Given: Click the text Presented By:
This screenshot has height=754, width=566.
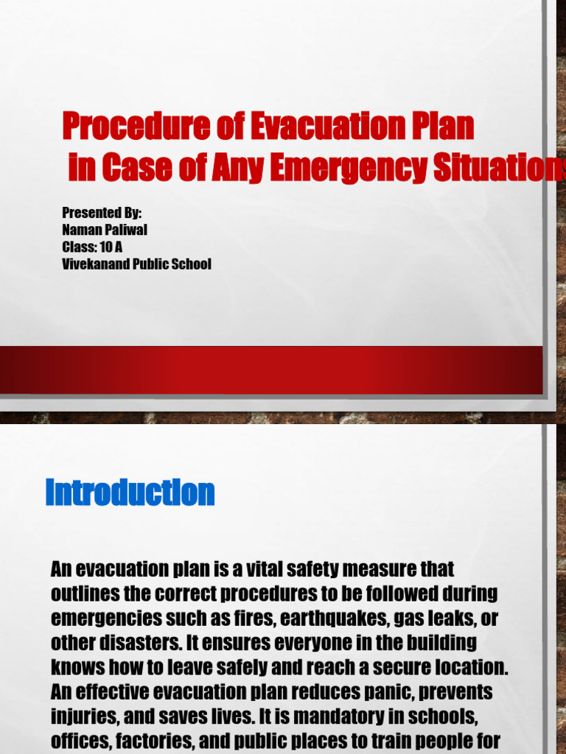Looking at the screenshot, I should [x=102, y=213].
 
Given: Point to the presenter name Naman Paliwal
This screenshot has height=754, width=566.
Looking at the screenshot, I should [x=105, y=230].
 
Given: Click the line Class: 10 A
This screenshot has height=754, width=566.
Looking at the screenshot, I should [x=92, y=247].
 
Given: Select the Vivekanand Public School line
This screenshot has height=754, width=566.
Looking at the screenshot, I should [x=137, y=264].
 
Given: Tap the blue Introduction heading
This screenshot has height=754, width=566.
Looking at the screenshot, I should [x=130, y=493].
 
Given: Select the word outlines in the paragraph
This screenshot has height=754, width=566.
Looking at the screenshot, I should [x=81, y=593].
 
